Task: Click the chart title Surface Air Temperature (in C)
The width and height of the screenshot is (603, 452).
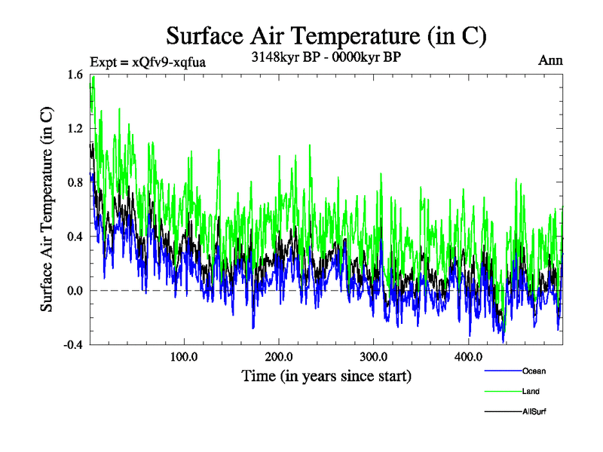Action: click(326, 35)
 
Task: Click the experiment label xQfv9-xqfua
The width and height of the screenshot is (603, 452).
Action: click(148, 62)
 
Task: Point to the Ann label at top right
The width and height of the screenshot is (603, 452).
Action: click(550, 60)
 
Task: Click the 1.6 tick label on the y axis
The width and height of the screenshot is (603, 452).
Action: click(75, 75)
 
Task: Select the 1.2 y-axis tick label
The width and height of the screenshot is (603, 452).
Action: click(75, 129)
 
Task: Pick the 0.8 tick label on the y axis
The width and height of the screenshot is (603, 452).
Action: click(75, 182)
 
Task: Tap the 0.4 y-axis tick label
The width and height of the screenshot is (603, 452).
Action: click(75, 237)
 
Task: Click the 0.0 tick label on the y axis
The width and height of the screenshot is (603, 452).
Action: click(75, 291)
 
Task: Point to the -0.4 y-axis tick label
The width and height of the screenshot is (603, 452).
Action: click(72, 344)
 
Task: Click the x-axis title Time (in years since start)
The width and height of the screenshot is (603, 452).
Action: click(326, 375)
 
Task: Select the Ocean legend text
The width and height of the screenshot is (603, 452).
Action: click(534, 371)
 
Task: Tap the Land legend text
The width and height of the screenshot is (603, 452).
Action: click(531, 391)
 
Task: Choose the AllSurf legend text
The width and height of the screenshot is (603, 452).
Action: click(534, 411)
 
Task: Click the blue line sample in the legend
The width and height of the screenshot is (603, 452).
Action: click(503, 371)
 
